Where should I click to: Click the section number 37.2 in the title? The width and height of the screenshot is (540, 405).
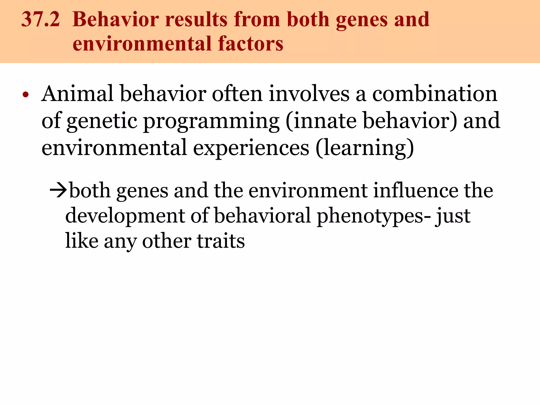[40, 20]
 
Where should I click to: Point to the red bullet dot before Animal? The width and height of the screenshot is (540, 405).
[25, 95]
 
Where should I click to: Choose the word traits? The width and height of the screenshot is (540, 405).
[221, 241]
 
